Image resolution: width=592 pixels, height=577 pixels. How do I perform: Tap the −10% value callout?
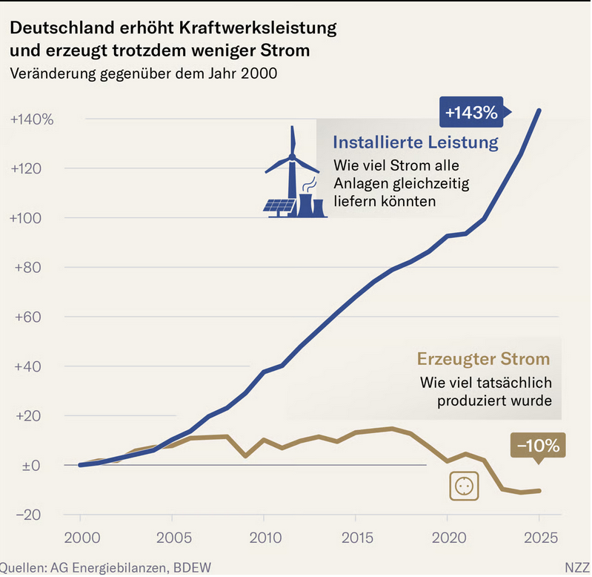click(538, 446)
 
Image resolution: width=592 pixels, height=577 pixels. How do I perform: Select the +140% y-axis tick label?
click(32, 119)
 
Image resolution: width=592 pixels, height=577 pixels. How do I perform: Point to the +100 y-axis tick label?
click(25, 218)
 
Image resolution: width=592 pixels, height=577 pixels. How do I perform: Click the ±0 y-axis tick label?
click(30, 466)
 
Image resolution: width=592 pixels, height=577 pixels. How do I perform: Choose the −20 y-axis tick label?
click(28, 515)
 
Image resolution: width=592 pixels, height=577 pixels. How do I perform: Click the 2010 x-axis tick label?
click(265, 538)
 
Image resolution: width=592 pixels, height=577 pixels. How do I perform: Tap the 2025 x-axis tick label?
click(541, 538)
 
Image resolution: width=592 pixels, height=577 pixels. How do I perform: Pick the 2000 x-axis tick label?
click(82, 538)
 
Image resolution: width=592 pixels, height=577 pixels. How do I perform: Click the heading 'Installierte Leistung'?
click(416, 142)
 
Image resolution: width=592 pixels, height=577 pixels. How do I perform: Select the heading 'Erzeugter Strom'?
click(483, 359)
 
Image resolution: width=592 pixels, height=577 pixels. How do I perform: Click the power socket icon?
click(464, 486)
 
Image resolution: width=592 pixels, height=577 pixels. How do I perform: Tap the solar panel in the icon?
click(279, 206)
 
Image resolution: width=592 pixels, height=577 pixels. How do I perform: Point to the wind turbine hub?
click(292, 156)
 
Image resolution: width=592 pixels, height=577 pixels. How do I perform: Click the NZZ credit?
click(578, 567)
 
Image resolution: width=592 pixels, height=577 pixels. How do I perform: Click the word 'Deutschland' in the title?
click(62, 27)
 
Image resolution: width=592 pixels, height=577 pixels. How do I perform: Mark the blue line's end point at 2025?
click(539, 111)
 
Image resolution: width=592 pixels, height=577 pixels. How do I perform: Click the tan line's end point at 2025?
click(539, 491)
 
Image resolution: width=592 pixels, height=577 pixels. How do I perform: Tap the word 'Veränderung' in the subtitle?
click(53, 73)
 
